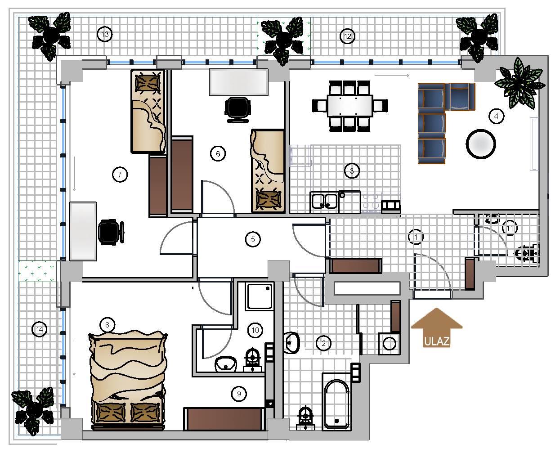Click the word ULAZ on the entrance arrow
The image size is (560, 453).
437,341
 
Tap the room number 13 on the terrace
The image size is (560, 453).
105,34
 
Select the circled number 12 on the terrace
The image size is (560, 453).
348,36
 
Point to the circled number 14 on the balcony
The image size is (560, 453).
40,329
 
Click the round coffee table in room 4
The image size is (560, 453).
481,144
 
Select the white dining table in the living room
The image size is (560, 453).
350,106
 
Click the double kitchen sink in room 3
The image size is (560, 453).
324,202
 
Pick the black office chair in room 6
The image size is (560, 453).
237,110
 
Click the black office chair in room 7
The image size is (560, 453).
111,232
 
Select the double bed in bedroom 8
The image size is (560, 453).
128,381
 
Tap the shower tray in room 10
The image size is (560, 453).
260,296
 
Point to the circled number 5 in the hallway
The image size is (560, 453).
253,239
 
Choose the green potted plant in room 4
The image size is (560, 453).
520,83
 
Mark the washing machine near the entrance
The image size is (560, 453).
390,344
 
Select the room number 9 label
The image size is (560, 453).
239,394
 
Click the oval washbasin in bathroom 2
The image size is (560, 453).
292,343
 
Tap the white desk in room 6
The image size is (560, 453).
239,82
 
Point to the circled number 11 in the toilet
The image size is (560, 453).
510,228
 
